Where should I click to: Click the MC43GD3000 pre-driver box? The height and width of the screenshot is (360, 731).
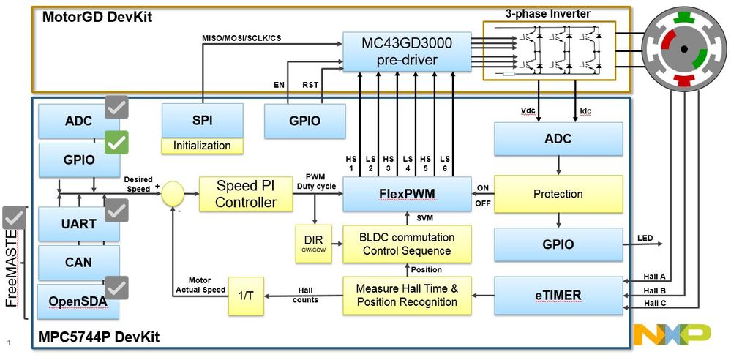point(407,52)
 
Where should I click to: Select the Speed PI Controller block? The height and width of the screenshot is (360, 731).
point(246,194)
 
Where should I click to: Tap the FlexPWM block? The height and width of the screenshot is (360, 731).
point(407,194)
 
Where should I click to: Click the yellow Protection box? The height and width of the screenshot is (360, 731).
point(558,194)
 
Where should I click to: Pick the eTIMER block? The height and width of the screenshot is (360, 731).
point(558,296)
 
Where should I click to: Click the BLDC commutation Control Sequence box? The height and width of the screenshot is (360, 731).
point(407,244)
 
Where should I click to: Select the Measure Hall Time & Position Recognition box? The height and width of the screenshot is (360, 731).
point(407,296)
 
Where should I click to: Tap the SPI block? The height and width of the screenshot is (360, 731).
point(202,120)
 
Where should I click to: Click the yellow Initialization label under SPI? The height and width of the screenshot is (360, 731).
point(202,146)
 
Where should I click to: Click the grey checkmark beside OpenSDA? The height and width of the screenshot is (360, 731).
point(117,288)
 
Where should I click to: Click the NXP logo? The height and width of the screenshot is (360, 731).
point(671,334)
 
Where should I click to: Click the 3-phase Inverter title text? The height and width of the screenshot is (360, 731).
point(547,13)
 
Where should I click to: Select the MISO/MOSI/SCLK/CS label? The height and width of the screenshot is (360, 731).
point(241,37)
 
